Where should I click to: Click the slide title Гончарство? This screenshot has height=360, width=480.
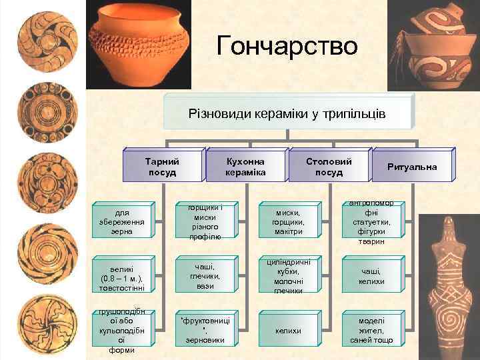point(287,46)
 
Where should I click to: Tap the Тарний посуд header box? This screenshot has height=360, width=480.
point(161,167)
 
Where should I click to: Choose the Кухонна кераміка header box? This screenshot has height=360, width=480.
point(246,167)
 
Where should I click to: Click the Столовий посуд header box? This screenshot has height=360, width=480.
point(329,167)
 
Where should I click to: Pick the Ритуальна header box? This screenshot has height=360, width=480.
point(412,167)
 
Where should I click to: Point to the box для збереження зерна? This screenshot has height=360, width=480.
point(117,222)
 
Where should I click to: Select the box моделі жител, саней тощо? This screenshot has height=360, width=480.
point(371,330)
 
